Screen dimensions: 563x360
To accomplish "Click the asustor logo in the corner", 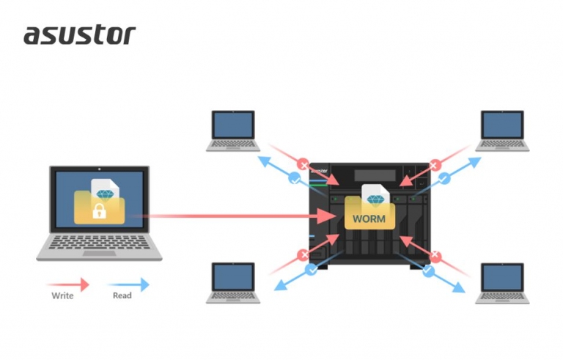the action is click(80, 35).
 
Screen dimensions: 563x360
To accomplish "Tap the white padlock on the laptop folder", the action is click(100, 211).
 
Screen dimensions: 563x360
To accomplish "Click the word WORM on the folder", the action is click(369, 218).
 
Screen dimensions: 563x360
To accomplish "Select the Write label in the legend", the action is click(62, 295).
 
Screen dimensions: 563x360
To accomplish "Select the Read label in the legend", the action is click(122, 295).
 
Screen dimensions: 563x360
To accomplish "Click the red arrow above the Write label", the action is click(68, 284).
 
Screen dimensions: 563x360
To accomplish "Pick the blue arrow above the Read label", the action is click(128, 284).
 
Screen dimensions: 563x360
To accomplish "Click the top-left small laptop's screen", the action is click(233, 125).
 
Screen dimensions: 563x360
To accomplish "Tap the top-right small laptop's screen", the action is click(502, 125).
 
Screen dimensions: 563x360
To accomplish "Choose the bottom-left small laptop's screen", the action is click(233, 277).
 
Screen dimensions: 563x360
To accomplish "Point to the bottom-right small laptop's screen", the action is click(502, 277).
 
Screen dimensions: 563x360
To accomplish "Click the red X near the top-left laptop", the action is click(303, 165).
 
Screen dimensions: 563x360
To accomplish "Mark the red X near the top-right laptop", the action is click(435, 165).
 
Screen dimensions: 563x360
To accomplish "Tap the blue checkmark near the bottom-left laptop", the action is click(311, 269).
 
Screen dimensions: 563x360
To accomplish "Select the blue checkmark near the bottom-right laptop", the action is click(428, 271).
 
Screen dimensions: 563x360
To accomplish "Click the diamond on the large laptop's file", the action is click(106, 195).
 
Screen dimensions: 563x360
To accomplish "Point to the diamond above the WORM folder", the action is click(375, 200).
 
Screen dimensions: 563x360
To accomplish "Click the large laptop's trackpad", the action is click(99, 253).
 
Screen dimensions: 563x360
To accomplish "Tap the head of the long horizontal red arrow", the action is click(327, 216).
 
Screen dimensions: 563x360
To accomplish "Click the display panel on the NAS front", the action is click(375, 175).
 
